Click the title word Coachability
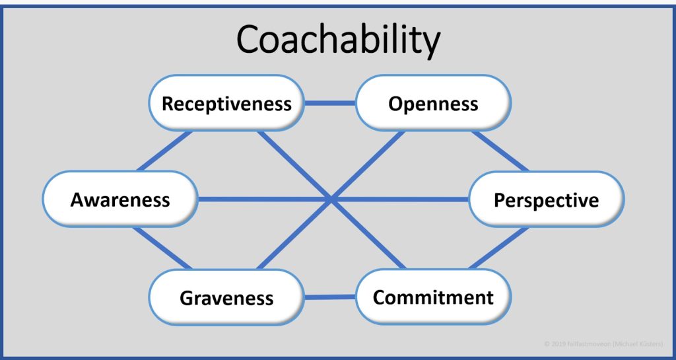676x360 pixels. pos(338,41)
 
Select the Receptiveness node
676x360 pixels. pos(226,104)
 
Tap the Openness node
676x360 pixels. pos(433,104)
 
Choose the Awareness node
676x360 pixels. pos(120,199)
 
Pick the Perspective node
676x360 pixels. pos(546,199)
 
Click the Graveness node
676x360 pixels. pos(226,297)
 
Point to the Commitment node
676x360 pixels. pos(433,297)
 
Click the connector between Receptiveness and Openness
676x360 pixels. pos(330,103)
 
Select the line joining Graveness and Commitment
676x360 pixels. pos(330,297)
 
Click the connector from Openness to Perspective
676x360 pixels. pos(500,151)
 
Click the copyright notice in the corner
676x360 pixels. pos(605,343)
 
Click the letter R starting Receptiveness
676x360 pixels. pos(168,104)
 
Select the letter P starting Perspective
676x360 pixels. pos(500,199)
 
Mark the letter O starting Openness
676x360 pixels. pos(395,104)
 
